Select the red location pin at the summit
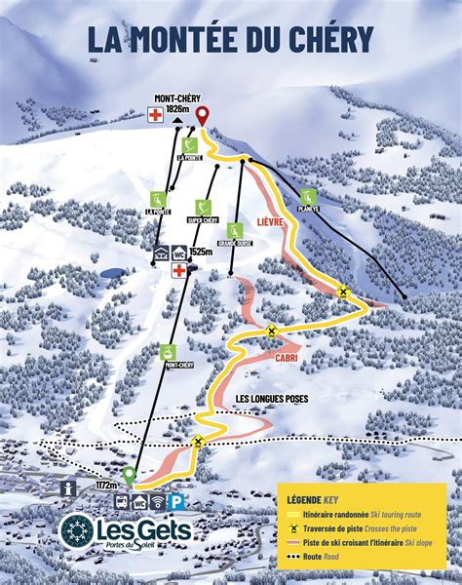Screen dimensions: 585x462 [x=202, y=116]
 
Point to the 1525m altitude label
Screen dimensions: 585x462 [x=202, y=253]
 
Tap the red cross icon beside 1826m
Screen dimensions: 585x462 [x=154, y=115]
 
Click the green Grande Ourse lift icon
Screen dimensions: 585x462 [x=234, y=230]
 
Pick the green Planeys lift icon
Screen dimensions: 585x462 [x=308, y=196]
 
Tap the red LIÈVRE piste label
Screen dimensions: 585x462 [x=271, y=221]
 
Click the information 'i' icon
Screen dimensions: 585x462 [x=68, y=487]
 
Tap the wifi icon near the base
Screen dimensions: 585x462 [x=158, y=503]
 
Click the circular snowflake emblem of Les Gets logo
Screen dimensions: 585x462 [x=76, y=531]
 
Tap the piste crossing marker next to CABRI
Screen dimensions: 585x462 [x=272, y=331]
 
